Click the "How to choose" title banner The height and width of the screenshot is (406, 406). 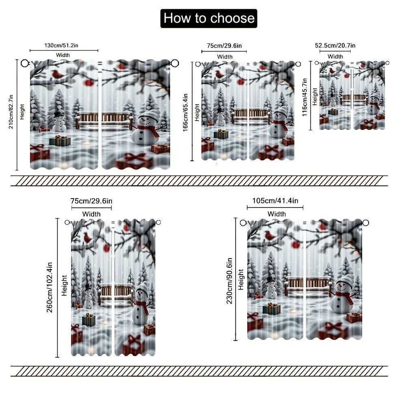click(x=209, y=18)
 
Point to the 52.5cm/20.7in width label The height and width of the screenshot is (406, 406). click(x=335, y=45)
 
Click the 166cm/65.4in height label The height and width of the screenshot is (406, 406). click(x=186, y=111)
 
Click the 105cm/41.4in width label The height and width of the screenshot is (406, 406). click(x=275, y=201)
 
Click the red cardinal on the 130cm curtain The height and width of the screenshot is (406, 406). click(x=57, y=74)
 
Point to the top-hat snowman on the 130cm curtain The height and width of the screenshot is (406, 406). click(x=59, y=121)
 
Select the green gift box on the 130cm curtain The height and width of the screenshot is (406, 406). click(x=60, y=140)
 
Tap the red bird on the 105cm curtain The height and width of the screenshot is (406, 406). click(x=270, y=235)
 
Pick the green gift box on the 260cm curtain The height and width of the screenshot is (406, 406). click(x=89, y=320)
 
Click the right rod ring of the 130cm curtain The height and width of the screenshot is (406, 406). click(x=175, y=63)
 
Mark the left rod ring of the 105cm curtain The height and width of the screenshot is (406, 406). click(x=243, y=223)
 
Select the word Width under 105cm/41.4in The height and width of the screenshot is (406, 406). click(x=276, y=214)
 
